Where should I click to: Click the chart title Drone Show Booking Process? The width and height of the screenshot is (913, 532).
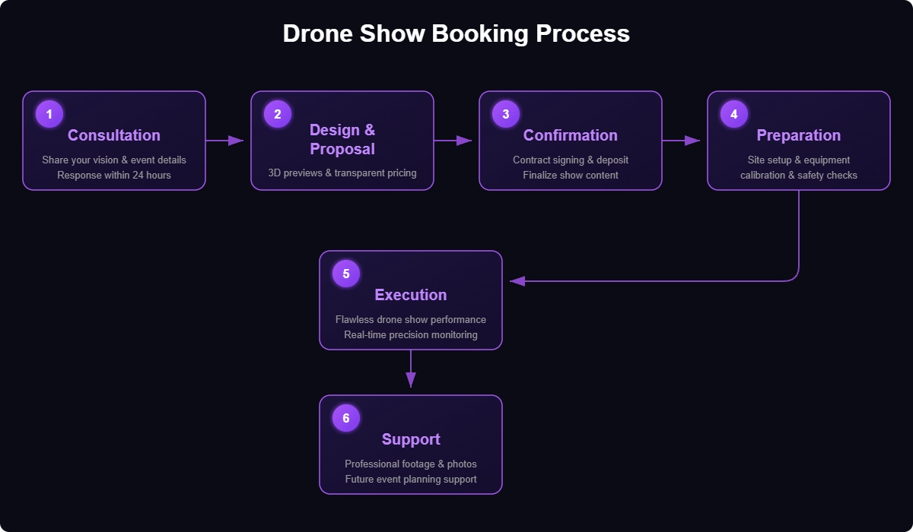point(456,34)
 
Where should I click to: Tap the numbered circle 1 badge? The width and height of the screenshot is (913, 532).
point(49,114)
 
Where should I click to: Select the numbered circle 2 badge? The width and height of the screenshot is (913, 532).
point(278,114)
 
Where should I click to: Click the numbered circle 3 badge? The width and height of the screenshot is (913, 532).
point(506,114)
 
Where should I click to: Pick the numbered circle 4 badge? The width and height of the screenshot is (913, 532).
point(734,114)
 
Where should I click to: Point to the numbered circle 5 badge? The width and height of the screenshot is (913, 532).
point(346,274)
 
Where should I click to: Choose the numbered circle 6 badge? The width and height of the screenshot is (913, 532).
point(346,418)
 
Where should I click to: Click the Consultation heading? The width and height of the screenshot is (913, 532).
point(114,135)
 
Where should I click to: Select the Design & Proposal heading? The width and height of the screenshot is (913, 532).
point(342,139)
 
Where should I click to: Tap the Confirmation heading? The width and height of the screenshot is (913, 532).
point(571,135)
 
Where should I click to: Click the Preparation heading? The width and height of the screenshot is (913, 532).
point(799,135)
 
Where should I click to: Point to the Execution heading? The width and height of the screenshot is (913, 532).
point(411,295)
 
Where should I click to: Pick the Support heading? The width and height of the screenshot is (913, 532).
point(411,439)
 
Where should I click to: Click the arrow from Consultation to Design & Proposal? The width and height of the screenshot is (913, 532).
point(224,141)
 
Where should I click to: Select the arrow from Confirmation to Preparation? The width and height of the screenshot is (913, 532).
point(681,141)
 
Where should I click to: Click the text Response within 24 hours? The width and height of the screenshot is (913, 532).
point(114,176)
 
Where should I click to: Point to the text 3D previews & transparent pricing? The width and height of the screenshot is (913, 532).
point(342,173)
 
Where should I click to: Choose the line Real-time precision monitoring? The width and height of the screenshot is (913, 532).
point(411,335)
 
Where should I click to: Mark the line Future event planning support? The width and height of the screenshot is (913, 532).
point(411,480)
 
